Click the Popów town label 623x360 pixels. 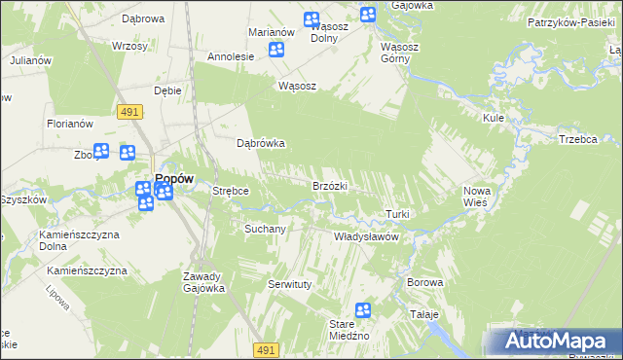click(174, 178)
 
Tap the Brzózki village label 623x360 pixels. click(330, 185)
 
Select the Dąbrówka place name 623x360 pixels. click(261, 143)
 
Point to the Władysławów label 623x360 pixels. click(368, 236)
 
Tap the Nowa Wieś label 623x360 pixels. click(477, 197)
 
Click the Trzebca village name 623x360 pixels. click(577, 139)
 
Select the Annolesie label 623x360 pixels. click(231, 56)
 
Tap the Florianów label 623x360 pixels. click(69, 124)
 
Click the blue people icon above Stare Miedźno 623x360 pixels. click(363, 310)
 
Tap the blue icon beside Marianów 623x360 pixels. click(277, 51)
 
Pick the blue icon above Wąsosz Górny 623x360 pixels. click(368, 15)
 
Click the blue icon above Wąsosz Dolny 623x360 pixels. click(311, 19)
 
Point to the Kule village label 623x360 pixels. click(493, 117)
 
